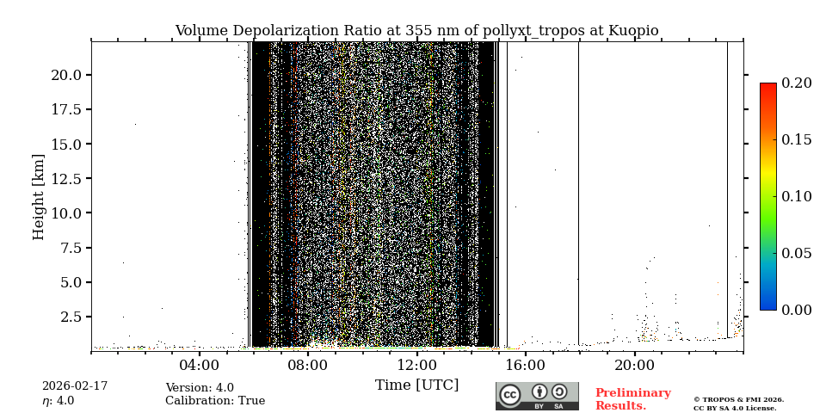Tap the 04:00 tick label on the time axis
point(200,365)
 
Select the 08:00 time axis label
point(308,365)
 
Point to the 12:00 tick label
point(417,365)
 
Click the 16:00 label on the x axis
point(526,365)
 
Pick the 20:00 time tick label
point(635,365)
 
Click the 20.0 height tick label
point(66,75)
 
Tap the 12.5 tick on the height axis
point(66,178)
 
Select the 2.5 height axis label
point(71,317)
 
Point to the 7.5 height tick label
point(71,248)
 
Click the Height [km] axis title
point(39,196)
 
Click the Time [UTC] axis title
point(416,385)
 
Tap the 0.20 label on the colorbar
point(797,83)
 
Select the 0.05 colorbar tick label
point(797,253)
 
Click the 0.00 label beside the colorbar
point(797,310)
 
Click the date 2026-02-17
point(75,386)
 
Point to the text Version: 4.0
point(200,388)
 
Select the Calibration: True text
point(215,401)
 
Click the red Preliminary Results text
point(632,399)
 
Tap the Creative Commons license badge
point(537,396)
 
